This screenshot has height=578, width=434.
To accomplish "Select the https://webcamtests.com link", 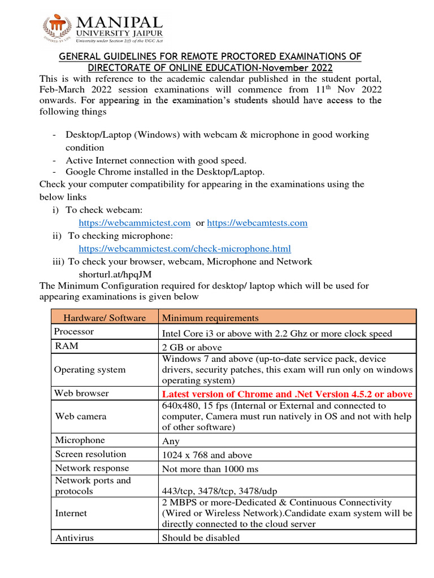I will pos(257,223).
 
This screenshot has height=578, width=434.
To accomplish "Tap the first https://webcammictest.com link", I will pos(134,223).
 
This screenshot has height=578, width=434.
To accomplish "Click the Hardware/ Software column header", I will pos(105,318).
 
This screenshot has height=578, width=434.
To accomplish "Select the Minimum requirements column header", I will pos(210,318).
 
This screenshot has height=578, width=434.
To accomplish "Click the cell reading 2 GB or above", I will pos(192,348).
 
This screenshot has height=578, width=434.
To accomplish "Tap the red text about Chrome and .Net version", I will pos(287,394).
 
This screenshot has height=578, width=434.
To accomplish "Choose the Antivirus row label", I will pos(74,537).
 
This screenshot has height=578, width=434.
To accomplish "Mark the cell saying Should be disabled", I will pos(201,537).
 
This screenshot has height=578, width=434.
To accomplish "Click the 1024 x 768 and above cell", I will pos(207,455).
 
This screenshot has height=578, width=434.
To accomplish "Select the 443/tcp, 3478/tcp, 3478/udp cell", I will pos(219,492).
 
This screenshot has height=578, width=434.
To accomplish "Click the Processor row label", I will pos(74,332).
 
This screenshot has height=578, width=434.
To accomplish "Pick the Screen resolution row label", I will pos(90,454).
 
